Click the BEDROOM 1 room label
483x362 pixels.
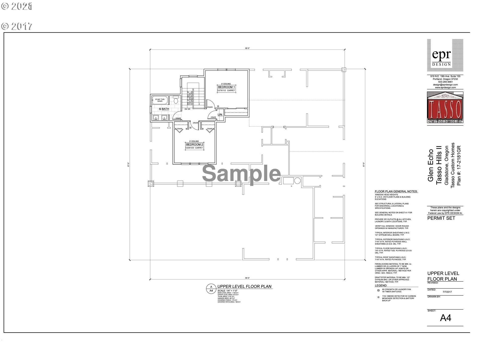tap(226, 87)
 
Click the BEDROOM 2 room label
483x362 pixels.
tap(194, 145)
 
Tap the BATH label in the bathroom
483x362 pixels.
tap(165, 109)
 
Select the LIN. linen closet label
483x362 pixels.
tap(220, 115)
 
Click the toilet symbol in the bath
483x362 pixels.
tap(176, 100)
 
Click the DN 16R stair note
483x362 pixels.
tap(187, 109)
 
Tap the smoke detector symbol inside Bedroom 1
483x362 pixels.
tap(218, 107)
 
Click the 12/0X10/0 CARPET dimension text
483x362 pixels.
tap(194, 148)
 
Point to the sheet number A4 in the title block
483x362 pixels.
tap(445, 318)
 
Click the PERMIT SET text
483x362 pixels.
tap(441, 218)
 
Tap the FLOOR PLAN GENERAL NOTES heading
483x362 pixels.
tap(396, 192)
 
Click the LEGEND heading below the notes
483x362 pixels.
tap(381, 286)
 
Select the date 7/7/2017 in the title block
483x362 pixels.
tap(447, 292)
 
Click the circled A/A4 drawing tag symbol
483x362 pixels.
tap(211, 289)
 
